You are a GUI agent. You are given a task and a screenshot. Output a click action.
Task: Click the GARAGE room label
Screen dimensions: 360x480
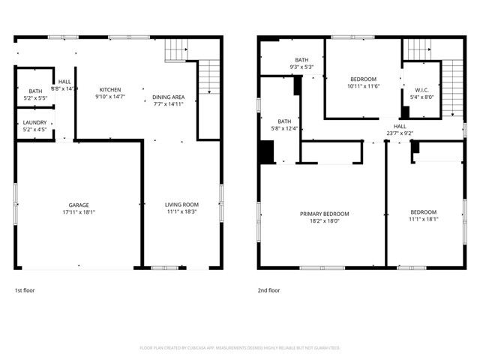point(79,205)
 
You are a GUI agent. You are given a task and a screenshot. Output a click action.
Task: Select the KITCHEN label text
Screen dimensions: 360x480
point(110,89)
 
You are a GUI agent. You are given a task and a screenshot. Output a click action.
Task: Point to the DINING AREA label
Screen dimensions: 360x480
point(168,97)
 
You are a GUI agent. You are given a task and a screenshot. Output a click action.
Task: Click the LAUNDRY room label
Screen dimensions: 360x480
point(34,122)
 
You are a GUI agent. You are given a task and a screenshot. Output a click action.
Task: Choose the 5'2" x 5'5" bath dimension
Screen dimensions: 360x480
point(35,97)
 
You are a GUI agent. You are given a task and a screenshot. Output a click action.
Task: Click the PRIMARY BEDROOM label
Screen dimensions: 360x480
point(324,214)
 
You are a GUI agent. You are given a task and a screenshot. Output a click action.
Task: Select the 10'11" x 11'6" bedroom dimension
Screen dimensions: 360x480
point(363,86)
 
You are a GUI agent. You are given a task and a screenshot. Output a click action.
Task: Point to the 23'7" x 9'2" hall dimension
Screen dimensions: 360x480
point(400,133)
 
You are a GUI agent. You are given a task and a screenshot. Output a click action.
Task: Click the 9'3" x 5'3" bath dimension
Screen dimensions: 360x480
point(301,67)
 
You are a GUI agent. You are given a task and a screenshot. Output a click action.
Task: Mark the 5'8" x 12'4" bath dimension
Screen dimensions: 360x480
point(284,128)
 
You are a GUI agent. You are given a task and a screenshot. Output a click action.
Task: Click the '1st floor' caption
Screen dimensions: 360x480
point(25,289)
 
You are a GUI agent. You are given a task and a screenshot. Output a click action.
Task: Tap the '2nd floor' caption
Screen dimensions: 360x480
point(269,289)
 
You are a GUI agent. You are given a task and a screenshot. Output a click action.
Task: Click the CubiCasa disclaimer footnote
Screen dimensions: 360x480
point(240,348)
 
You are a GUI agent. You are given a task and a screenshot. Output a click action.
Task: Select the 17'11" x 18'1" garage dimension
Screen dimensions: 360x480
point(79,212)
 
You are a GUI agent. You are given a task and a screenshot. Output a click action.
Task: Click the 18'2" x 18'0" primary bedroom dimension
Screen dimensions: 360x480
point(324,221)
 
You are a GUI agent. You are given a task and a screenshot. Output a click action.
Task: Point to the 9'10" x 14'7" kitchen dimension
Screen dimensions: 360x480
point(110,97)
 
